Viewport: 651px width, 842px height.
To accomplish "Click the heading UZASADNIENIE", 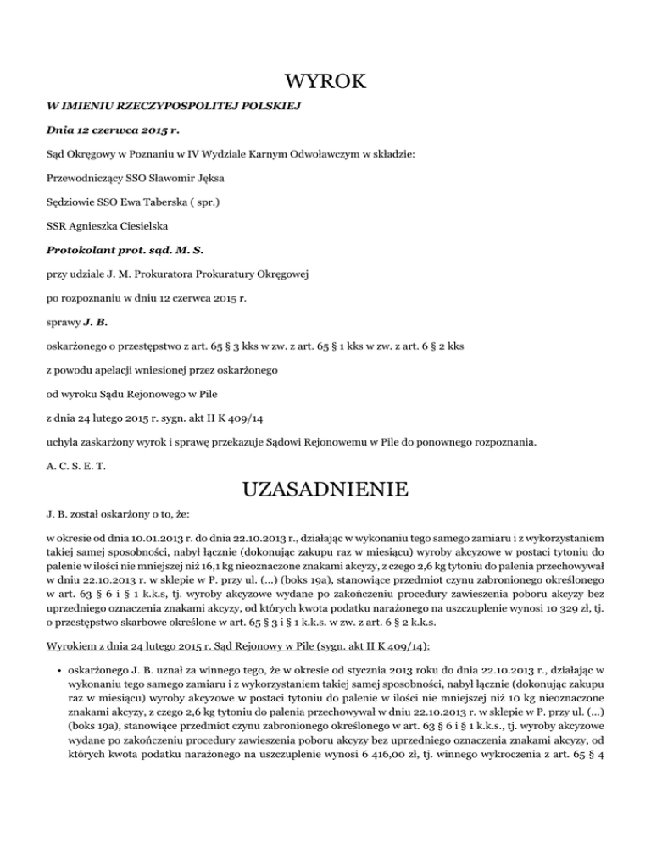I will tap(325, 489).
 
